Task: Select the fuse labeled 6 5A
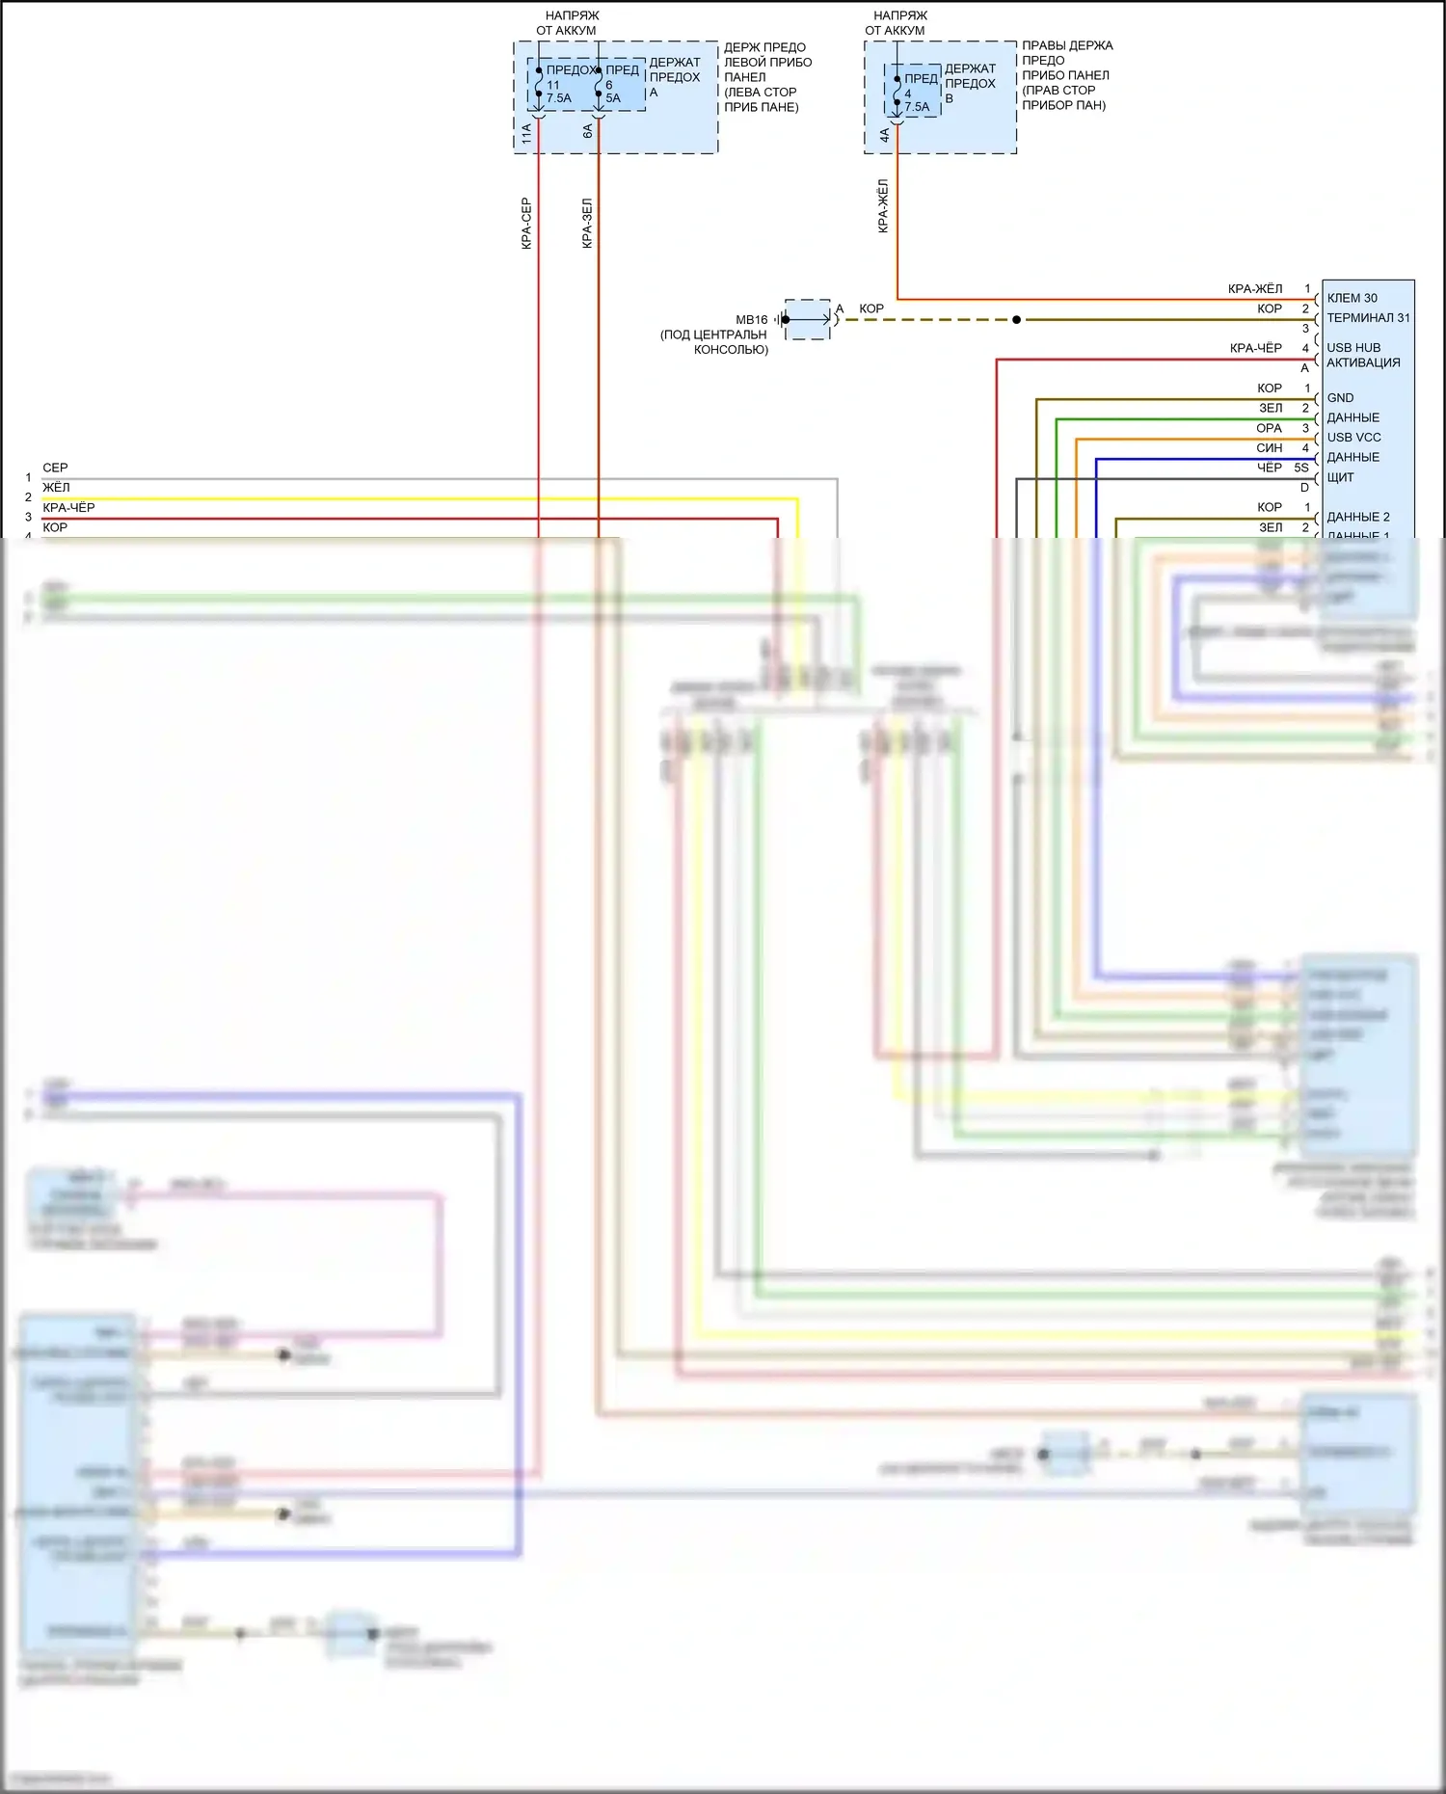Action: (611, 91)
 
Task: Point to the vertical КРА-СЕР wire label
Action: (526, 224)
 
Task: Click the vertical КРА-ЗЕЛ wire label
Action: (587, 224)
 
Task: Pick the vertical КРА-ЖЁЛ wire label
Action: (883, 205)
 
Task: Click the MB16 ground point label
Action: (751, 320)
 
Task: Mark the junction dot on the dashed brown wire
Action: (1016, 320)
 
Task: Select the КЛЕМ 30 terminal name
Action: (1352, 298)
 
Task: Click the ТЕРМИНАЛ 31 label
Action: (1368, 318)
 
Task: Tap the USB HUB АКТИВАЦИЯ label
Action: (1363, 355)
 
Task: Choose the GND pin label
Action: (1340, 398)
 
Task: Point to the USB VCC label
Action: (1353, 438)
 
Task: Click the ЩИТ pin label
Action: (1340, 477)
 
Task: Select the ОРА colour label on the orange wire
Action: (1269, 428)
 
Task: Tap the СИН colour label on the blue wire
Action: (1269, 448)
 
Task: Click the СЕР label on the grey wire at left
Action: (55, 468)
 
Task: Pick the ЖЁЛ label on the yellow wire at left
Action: (56, 488)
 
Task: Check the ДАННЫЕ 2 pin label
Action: (1358, 517)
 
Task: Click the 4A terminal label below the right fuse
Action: (884, 136)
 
